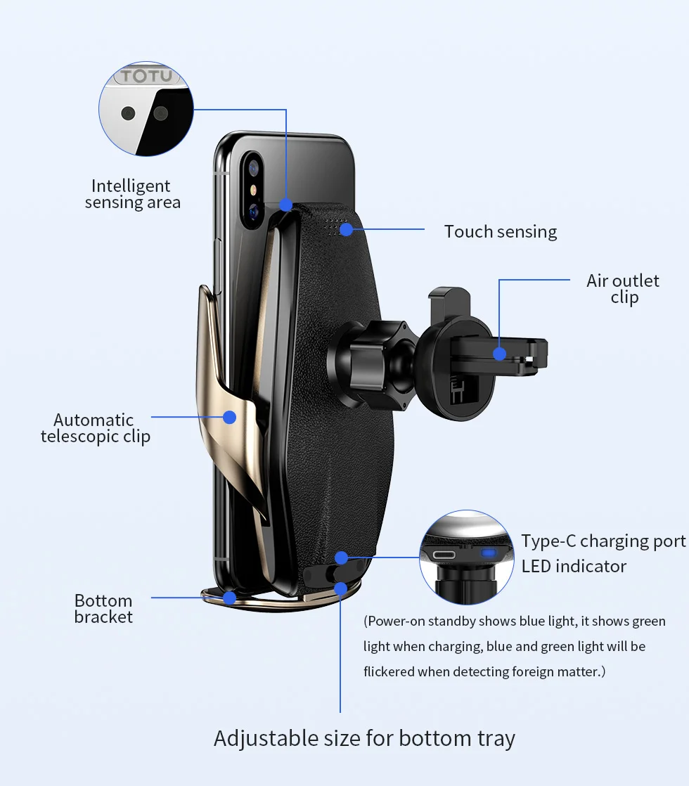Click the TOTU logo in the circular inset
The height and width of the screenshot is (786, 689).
(146, 76)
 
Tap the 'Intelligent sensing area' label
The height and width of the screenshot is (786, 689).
(132, 194)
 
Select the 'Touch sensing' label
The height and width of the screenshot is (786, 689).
(501, 231)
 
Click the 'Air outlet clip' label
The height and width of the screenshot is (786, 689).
(623, 289)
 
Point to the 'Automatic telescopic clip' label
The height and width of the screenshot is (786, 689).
(96, 428)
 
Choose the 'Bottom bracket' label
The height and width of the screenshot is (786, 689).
(103, 609)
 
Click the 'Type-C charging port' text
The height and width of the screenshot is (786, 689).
(603, 541)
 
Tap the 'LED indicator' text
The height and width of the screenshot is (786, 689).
(574, 567)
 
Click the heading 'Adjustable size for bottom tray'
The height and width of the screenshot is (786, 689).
(365, 738)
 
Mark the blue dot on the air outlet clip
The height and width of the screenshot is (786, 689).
(499, 354)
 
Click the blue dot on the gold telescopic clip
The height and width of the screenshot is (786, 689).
(230, 417)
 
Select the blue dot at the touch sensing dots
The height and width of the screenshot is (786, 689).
(346, 230)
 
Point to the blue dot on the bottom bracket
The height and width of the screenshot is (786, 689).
(230, 598)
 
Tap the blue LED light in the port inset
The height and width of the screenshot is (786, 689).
(489, 553)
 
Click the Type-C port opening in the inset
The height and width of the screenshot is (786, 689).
(445, 555)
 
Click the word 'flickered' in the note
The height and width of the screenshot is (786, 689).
(389, 671)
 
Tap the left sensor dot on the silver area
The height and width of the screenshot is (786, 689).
(128, 113)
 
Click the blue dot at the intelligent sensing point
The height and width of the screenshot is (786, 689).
(286, 205)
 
